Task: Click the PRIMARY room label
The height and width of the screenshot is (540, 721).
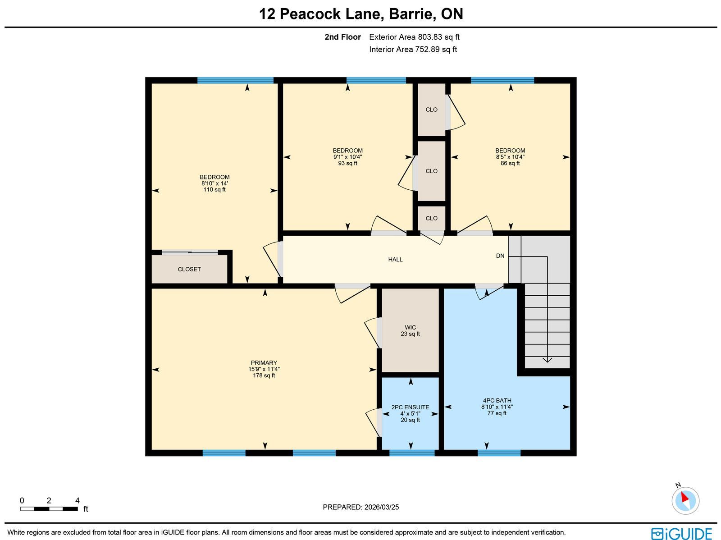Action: coord(264,362)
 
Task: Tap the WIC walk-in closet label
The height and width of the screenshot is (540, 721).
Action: coord(410,328)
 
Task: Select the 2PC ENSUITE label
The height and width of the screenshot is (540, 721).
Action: coord(410,407)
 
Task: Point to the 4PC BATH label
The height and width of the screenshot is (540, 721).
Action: coord(497,400)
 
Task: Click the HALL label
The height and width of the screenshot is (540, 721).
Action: coord(396,260)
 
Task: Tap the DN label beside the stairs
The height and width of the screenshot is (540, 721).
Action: coord(500,256)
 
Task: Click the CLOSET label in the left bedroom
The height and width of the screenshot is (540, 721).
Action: coord(189,270)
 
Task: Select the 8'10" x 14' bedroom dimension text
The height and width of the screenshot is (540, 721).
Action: coord(214,183)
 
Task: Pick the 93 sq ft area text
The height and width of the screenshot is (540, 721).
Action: coord(347,163)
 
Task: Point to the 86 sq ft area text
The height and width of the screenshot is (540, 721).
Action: coord(510,163)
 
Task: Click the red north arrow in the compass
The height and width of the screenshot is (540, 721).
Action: coord(685,497)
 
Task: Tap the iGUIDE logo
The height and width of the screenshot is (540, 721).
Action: coord(682,533)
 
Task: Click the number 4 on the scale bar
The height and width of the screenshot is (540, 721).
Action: coord(78,501)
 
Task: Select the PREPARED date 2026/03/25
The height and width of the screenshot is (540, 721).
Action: coord(382,507)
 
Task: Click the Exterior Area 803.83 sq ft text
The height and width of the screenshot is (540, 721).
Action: coord(414,37)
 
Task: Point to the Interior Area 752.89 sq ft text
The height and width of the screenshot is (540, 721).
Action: coord(413,49)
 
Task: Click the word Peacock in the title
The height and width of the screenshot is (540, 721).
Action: coord(310,14)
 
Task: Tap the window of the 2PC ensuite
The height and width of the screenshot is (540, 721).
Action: coord(412,453)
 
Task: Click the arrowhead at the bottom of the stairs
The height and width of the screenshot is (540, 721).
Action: coord(547,360)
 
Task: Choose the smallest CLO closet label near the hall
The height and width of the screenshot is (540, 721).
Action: coord(431,219)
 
